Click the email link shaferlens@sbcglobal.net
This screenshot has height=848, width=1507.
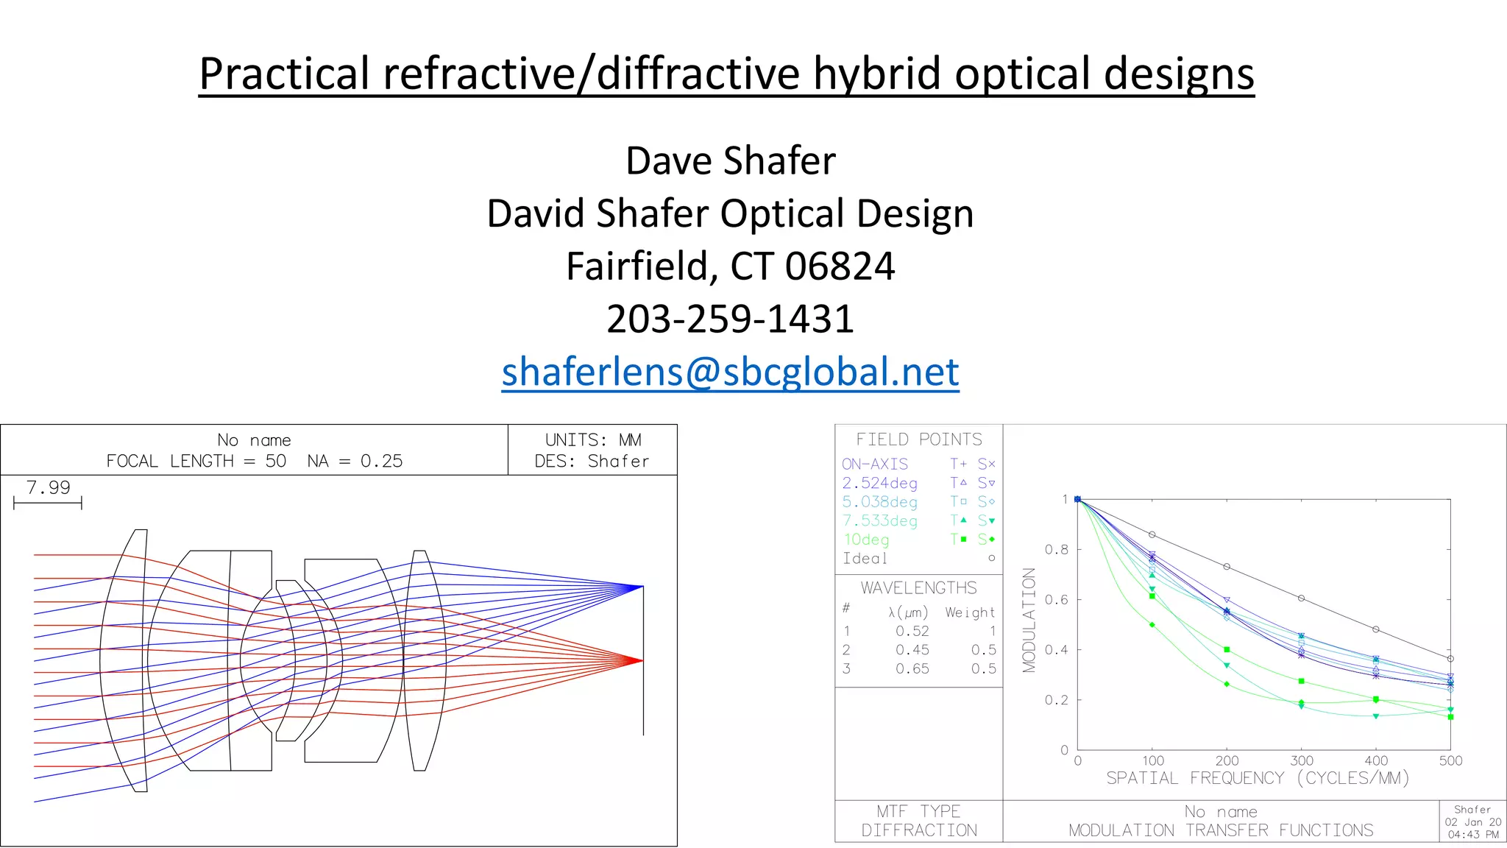[730, 372]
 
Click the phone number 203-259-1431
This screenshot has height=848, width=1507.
[730, 319]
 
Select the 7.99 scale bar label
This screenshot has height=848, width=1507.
[49, 487]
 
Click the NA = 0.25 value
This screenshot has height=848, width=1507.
[355, 461]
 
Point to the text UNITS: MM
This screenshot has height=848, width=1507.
[592, 439]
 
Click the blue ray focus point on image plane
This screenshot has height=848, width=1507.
[642, 587]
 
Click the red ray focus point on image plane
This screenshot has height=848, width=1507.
[642, 660]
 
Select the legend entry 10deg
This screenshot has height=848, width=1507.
[866, 540]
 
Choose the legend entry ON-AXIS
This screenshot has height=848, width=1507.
[874, 464]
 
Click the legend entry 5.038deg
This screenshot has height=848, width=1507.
[879, 502]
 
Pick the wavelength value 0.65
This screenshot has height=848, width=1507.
[912, 668]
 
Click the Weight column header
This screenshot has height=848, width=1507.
[970, 612]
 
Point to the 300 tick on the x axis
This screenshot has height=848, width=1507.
[1301, 760]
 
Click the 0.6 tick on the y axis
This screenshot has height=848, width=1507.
[1056, 599]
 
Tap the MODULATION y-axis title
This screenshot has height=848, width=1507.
[1029, 620]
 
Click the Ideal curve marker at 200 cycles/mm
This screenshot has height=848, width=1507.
[1227, 567]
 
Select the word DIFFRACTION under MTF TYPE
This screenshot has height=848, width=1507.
[918, 830]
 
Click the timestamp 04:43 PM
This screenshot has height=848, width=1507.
[1472, 835]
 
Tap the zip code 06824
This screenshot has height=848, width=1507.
[840, 266]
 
